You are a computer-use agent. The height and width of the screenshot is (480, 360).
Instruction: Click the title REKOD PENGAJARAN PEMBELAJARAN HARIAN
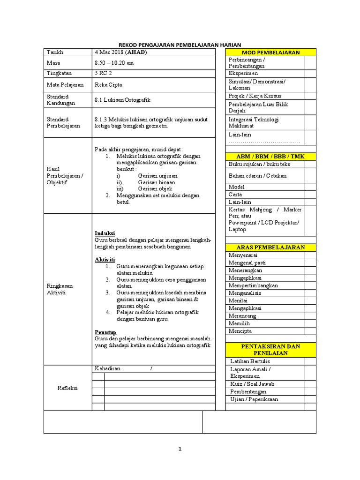[180, 44]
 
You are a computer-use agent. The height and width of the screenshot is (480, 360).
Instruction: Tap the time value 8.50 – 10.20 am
[114, 62]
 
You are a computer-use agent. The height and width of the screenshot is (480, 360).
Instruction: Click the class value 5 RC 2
[104, 73]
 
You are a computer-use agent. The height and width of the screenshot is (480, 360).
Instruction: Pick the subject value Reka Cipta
[108, 85]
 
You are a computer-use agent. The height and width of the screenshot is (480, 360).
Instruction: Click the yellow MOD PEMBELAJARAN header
[270, 52]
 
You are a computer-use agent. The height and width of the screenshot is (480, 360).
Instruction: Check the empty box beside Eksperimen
[310, 74]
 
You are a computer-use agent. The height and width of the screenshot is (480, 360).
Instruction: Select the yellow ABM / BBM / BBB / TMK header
[270, 156]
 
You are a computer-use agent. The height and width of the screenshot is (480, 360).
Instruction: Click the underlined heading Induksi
[105, 233]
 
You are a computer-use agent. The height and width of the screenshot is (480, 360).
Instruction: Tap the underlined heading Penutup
[105, 332]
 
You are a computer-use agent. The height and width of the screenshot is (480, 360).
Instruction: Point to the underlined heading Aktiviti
[105, 259]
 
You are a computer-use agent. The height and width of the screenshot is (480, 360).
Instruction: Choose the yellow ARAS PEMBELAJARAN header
[270, 247]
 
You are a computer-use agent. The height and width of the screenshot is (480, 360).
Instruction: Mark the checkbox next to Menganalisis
[310, 293]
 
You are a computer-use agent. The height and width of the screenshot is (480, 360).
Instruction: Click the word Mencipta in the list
[240, 331]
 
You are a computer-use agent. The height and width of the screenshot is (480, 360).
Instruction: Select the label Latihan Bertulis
[250, 361]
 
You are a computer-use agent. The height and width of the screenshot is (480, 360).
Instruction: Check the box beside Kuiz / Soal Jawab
[310, 384]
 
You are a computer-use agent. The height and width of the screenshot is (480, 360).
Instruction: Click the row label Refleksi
[67, 388]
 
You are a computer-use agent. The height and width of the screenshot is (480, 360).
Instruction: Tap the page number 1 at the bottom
[180, 449]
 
